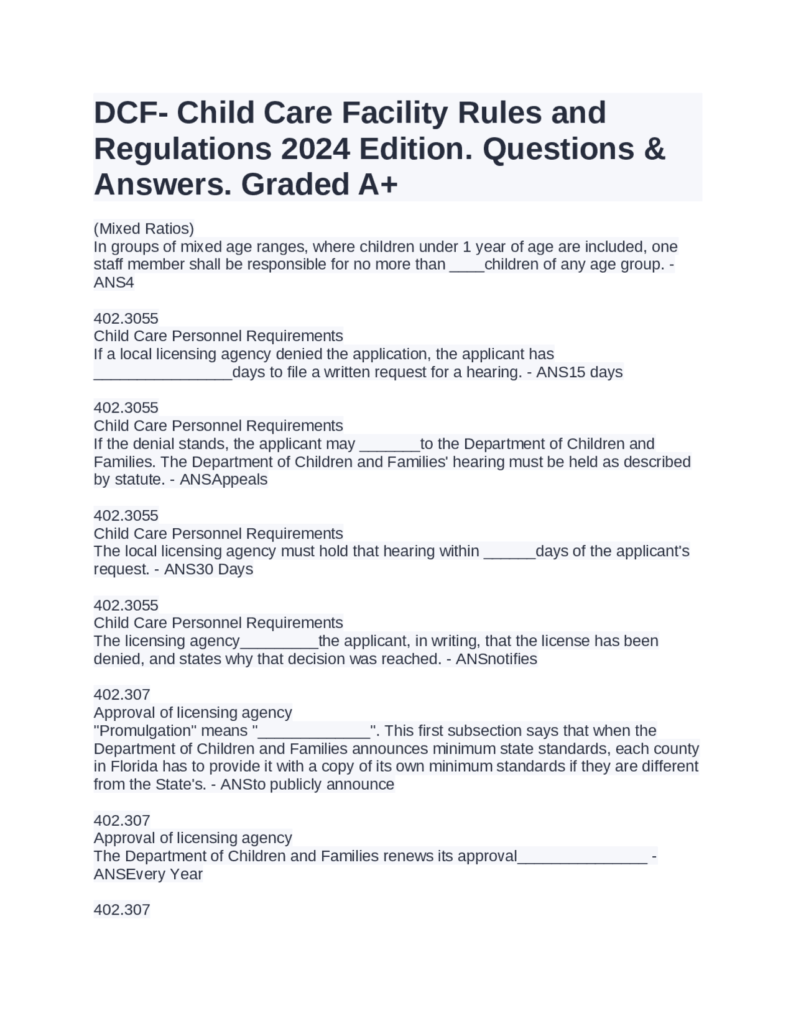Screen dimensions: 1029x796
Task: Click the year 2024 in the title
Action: tap(306, 149)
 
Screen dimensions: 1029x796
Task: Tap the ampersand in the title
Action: tap(654, 149)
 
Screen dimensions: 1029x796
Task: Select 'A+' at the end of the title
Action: tap(377, 185)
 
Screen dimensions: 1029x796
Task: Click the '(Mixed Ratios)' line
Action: tap(144, 228)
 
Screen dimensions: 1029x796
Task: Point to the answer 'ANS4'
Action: tap(114, 282)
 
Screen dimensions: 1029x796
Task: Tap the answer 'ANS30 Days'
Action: tap(208, 569)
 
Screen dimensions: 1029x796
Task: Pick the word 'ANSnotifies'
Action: tap(496, 659)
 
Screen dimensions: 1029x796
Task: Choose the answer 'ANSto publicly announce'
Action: tap(307, 784)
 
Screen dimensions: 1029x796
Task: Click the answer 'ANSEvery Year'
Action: tap(148, 874)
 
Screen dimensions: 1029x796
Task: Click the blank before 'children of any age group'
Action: tap(466, 265)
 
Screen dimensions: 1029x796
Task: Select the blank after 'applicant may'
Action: tap(390, 445)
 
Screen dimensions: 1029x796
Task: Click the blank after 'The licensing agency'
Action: tap(279, 642)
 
